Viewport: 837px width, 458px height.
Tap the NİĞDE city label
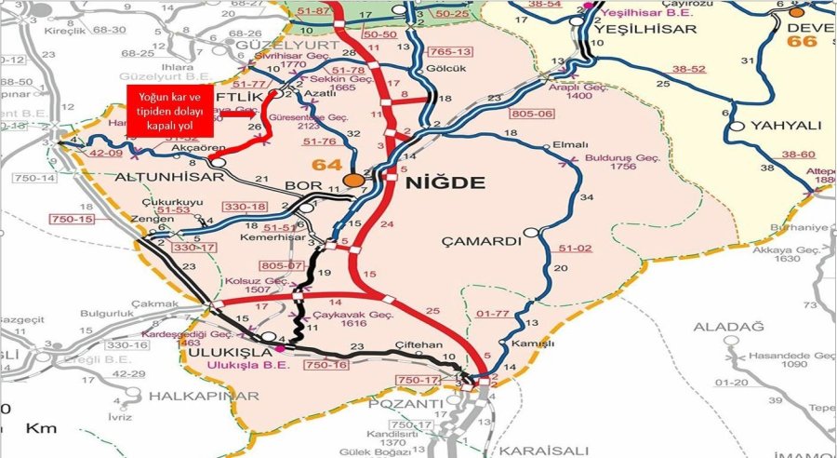[x=445, y=182]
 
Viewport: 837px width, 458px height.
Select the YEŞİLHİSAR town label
[x=644, y=29]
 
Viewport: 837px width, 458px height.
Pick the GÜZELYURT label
[x=278, y=45]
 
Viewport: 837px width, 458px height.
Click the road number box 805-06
[x=532, y=114]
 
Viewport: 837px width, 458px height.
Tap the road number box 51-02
[x=576, y=249]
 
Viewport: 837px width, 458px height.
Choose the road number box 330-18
[x=246, y=206]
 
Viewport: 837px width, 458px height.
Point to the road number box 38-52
[x=690, y=69]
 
